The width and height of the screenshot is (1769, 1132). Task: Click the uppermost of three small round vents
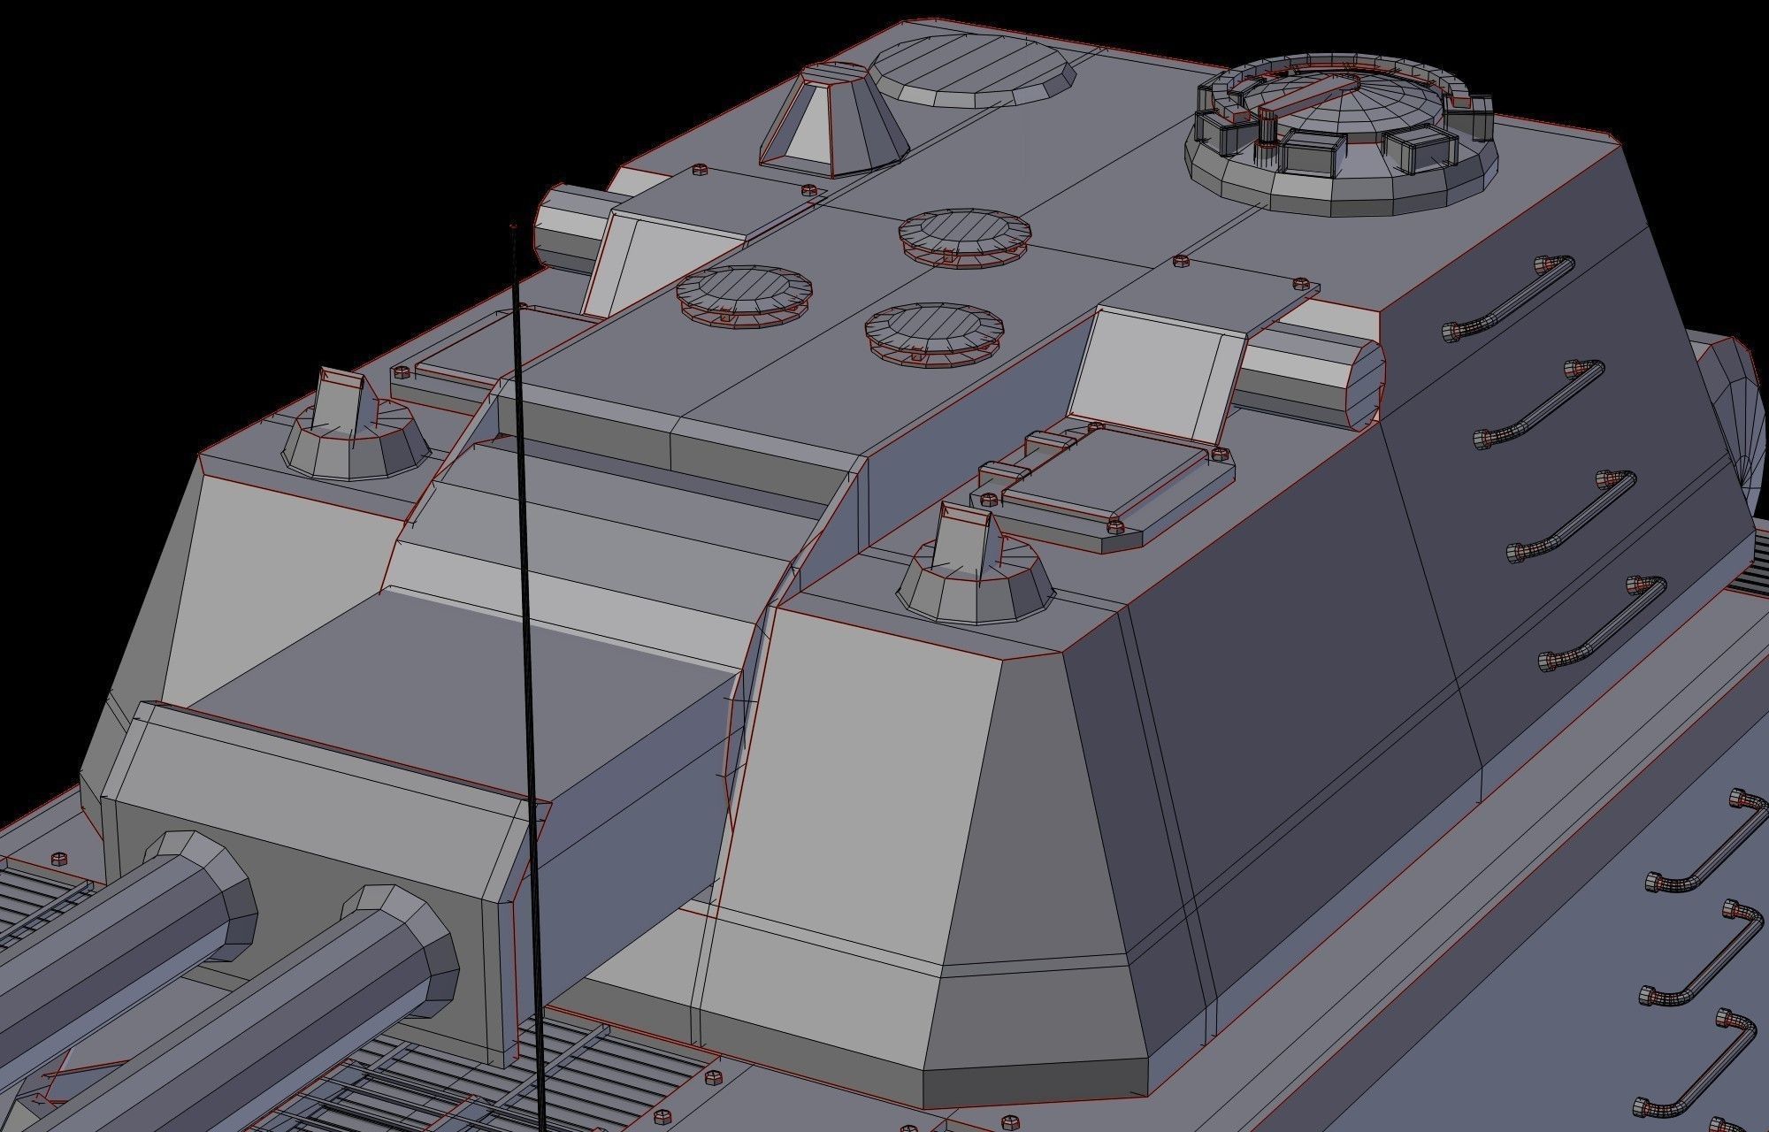[x=964, y=233]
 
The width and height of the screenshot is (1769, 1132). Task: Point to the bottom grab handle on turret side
[x=1603, y=619]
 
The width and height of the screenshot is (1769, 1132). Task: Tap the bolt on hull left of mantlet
[x=58, y=858]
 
